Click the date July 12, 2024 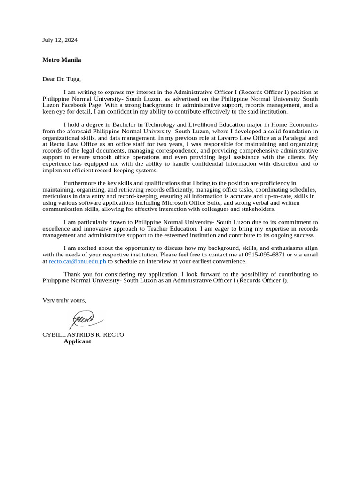tap(60, 40)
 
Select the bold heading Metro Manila tap(62, 60)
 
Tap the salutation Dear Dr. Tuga tap(62, 79)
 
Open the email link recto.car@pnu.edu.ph tap(77, 261)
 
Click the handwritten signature tap(86, 319)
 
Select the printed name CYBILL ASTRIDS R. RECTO tap(83, 335)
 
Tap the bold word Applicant tap(77, 341)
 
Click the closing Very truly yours tap(64, 300)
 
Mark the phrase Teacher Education tap(171, 229)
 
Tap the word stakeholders tap(258, 209)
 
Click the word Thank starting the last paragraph tap(72, 274)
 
